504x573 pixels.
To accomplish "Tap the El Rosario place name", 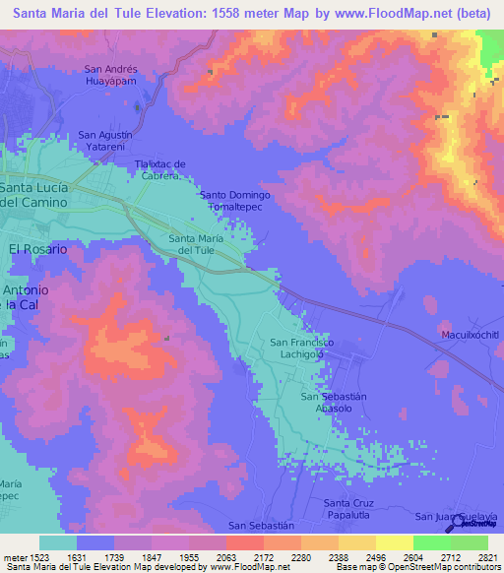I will [37, 250].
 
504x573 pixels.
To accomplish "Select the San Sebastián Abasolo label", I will [333, 402].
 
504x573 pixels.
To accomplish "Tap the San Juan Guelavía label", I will [457, 516].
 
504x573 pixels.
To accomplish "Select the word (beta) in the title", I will [475, 14].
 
